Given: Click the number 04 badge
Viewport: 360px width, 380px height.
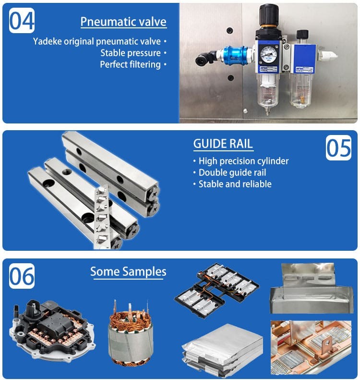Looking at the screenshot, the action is click(22, 21).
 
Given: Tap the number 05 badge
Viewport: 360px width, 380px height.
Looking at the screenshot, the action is click(338, 147).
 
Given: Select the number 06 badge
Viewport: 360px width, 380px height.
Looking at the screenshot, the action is click(22, 276).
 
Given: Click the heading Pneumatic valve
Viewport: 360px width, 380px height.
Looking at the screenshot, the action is click(123, 22).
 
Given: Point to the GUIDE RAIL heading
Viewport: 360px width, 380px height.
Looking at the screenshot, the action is click(223, 144).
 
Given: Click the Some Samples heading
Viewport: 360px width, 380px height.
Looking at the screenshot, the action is click(128, 272).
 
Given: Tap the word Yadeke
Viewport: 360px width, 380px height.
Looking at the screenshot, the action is click(48, 41).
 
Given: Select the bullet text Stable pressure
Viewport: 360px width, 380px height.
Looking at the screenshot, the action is click(131, 53).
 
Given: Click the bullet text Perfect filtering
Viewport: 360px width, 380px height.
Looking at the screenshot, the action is click(130, 64).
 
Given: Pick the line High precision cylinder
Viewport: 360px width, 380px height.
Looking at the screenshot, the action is click(243, 161).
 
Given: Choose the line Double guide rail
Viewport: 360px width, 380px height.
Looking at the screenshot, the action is click(232, 172).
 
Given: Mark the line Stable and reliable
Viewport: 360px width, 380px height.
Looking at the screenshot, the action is click(235, 184).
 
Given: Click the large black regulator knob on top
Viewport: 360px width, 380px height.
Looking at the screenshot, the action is click(269, 14).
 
